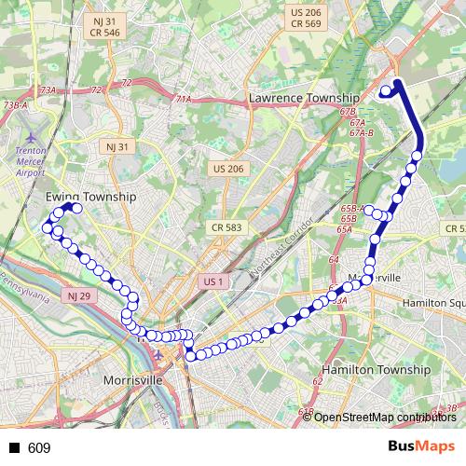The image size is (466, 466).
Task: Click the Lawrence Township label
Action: pos(304,98)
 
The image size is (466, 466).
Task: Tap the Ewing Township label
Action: pos(90,198)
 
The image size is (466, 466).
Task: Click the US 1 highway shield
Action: pos(213,281)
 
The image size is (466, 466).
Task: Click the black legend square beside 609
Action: pos(14,448)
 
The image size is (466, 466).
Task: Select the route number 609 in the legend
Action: pos(39,448)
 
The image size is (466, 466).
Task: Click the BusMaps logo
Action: pos(420,447)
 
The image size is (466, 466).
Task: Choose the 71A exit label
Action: pos(183,99)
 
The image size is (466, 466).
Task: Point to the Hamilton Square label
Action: pos(433,304)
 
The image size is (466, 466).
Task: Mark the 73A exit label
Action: pos(48,90)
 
